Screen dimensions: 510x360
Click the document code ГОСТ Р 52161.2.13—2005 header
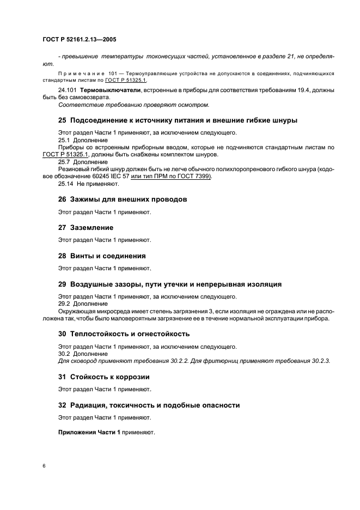point(80,40)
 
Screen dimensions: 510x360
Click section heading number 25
point(63,120)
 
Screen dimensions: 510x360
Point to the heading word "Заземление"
point(91,228)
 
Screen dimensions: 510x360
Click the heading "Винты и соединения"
point(108,256)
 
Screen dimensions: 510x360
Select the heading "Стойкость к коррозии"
point(110,377)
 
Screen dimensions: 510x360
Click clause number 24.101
point(68,89)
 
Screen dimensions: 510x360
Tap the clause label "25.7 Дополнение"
point(83,162)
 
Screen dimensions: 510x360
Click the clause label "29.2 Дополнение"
point(83,303)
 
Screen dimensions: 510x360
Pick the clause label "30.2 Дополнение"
point(83,354)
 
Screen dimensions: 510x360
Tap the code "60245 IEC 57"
point(112,177)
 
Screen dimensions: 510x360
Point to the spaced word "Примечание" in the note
point(81,73)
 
